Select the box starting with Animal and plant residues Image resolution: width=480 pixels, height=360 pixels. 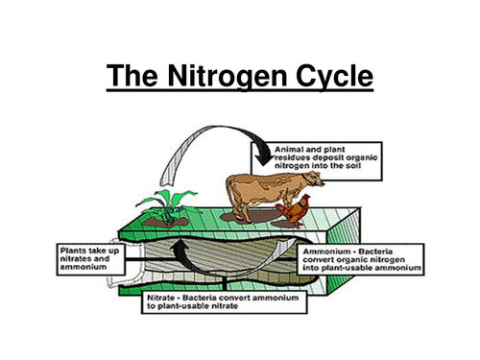326,158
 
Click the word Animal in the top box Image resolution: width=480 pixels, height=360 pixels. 292,149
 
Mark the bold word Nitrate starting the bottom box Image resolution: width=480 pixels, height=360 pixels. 161,299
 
